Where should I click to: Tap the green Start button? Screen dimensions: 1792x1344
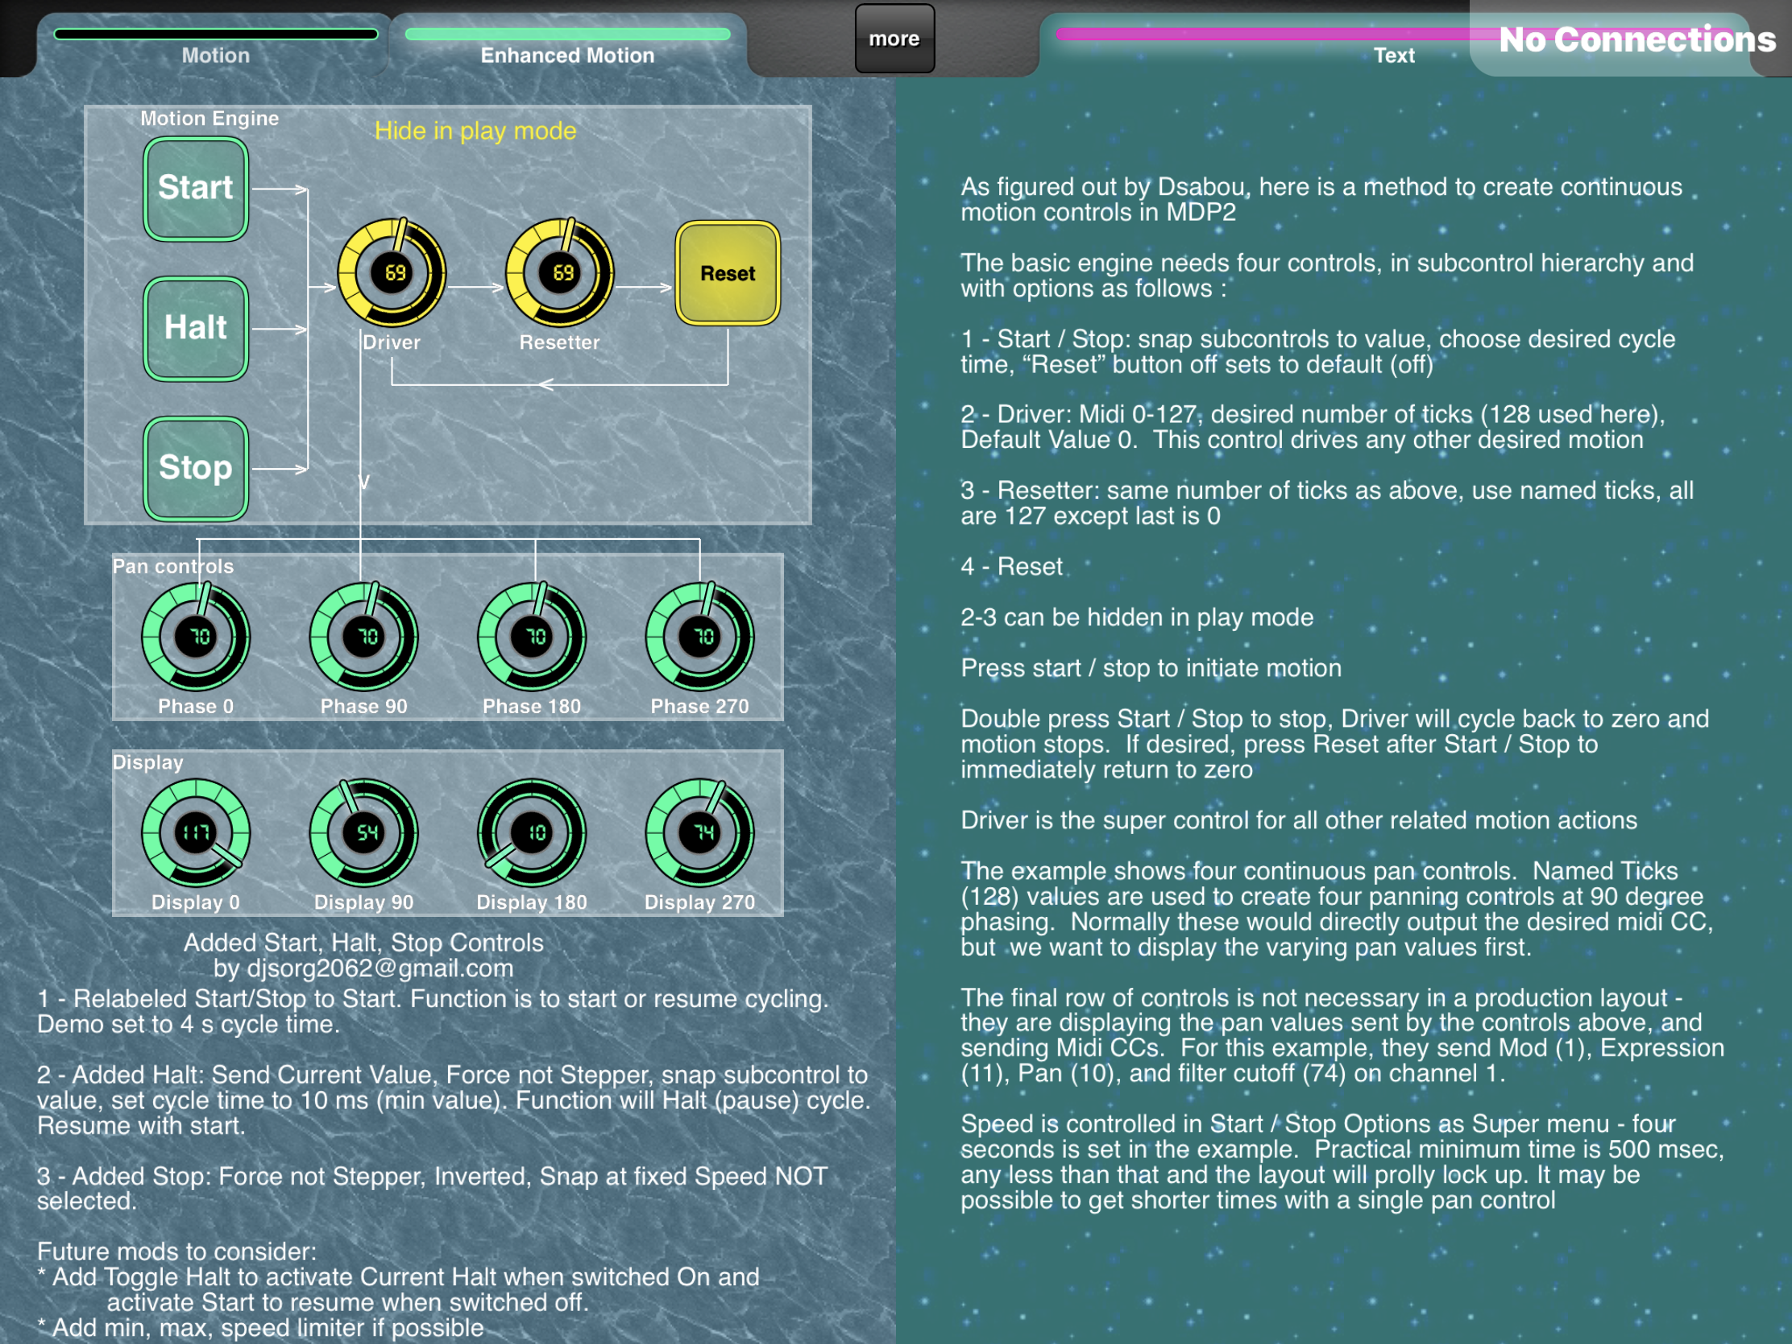click(196, 189)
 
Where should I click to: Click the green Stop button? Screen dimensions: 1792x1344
click(196, 468)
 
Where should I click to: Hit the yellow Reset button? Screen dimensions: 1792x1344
click(728, 273)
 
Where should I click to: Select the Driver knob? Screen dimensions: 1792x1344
click(392, 272)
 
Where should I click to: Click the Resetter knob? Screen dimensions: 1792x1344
click(560, 272)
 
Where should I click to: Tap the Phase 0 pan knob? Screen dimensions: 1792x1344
click(196, 637)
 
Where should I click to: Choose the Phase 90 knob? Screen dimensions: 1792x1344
click(363, 637)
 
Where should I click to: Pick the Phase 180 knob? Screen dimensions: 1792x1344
click(532, 637)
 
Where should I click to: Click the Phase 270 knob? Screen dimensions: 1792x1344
click(700, 637)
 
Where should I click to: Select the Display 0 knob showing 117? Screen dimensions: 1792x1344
click(196, 833)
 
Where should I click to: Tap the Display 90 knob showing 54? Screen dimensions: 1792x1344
click(363, 833)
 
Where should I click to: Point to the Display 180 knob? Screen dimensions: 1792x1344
click(532, 833)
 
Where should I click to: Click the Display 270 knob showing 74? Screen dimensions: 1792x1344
click(700, 833)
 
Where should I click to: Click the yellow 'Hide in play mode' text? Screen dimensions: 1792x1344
click(475, 131)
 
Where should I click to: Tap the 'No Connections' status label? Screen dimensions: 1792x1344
click(1637, 39)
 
